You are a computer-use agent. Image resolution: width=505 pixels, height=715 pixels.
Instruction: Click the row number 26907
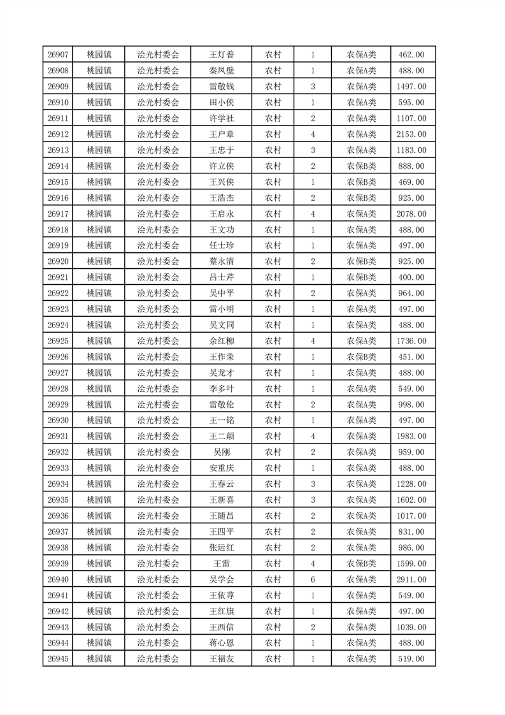click(x=58, y=55)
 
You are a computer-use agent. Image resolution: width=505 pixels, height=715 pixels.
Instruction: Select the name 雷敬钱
click(x=221, y=87)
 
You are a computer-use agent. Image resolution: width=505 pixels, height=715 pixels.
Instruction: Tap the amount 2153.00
click(x=411, y=134)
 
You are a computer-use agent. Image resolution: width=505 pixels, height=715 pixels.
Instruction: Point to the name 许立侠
click(x=221, y=166)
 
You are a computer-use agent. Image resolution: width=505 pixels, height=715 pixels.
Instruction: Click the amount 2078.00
click(x=411, y=213)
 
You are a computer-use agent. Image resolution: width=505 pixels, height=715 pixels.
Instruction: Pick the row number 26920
click(x=58, y=261)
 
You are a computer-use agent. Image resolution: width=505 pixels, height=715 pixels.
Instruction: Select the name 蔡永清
click(x=221, y=261)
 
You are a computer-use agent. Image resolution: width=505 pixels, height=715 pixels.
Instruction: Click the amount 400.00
click(x=411, y=277)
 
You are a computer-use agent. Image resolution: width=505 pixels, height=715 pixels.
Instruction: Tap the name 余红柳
click(x=221, y=341)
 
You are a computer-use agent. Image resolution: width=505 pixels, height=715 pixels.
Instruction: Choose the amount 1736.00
click(x=411, y=341)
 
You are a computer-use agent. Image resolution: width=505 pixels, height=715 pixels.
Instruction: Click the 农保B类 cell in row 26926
click(x=361, y=357)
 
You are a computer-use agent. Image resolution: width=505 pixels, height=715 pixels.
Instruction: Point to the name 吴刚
click(x=221, y=452)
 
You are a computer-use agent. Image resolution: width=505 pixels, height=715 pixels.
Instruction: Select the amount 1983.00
click(x=411, y=436)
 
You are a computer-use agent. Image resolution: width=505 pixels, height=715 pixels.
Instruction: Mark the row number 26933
click(x=58, y=468)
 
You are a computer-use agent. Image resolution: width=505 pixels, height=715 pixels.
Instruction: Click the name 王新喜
click(x=221, y=500)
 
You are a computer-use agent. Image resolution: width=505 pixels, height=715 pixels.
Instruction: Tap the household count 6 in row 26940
click(x=313, y=579)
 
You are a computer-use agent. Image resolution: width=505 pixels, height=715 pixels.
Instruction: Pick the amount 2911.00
click(x=411, y=579)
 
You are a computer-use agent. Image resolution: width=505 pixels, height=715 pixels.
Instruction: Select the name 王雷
click(x=221, y=563)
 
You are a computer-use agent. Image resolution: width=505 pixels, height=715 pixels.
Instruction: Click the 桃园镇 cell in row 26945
click(x=99, y=659)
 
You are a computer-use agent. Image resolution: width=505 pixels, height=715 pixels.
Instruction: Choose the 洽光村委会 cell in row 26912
click(x=159, y=134)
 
